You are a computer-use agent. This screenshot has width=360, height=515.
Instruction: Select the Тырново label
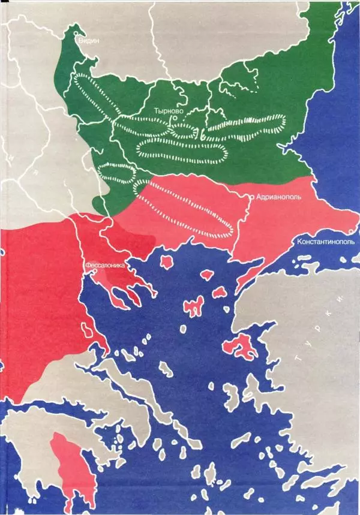(x=167, y=112)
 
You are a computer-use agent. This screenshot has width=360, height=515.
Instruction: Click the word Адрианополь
(x=278, y=196)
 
